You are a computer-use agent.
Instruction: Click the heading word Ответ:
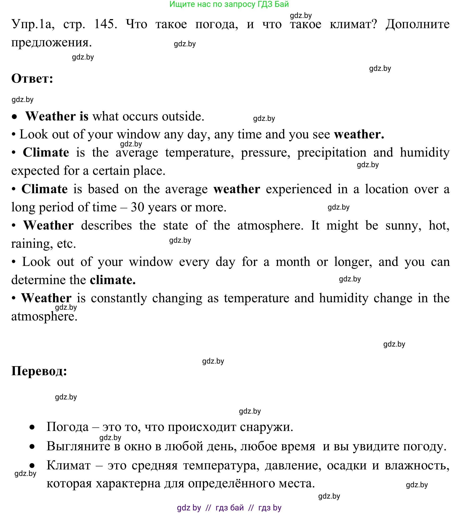click(x=32, y=79)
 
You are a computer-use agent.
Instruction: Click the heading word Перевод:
click(x=39, y=371)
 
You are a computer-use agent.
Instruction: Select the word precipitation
click(x=332, y=153)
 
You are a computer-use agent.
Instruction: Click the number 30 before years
click(x=137, y=207)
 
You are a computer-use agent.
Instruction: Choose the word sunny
click(x=403, y=225)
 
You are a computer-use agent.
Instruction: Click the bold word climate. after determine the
click(x=113, y=280)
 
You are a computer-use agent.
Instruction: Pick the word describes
click(x=106, y=225)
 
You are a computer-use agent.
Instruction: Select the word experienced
click(x=299, y=189)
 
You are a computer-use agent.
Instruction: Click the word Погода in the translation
click(x=68, y=427)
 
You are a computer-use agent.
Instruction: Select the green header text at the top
click(x=229, y=4)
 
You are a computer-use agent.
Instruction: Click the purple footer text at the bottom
click(x=229, y=507)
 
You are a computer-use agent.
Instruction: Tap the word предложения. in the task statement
click(x=51, y=42)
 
